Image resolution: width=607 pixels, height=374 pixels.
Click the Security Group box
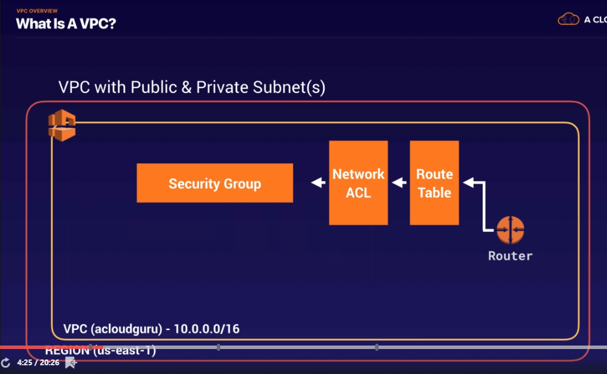pyautogui.click(x=215, y=184)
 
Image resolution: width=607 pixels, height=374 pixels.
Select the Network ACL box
pyautogui.click(x=358, y=183)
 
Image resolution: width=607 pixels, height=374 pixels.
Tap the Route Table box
pyautogui.click(x=434, y=183)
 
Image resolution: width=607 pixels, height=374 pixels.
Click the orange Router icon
pyautogui.click(x=510, y=230)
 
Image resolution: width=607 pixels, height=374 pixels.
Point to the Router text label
pyautogui.click(x=510, y=256)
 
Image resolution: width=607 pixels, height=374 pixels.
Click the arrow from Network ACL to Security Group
pyautogui.click(x=318, y=183)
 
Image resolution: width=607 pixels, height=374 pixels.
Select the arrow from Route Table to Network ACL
pyautogui.click(x=399, y=183)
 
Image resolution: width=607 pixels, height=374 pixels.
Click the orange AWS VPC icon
pyautogui.click(x=61, y=126)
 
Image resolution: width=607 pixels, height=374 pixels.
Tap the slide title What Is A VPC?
pyautogui.click(x=66, y=24)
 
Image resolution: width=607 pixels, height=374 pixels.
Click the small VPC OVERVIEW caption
pyautogui.click(x=37, y=11)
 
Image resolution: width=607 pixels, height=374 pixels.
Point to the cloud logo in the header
pyautogui.click(x=569, y=19)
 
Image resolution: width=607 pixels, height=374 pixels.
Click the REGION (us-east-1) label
pyautogui.click(x=100, y=351)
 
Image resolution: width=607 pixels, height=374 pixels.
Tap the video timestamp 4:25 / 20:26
pyautogui.click(x=38, y=363)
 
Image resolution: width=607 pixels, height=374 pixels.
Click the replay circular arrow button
pyautogui.click(x=5, y=362)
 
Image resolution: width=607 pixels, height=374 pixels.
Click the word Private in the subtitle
pyautogui.click(x=223, y=88)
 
